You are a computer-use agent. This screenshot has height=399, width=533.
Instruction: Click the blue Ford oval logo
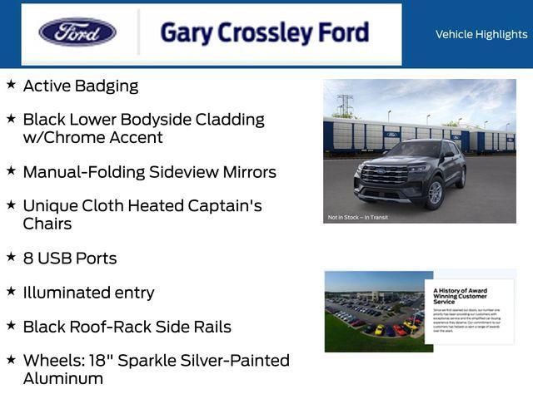pyautogui.click(x=77, y=32)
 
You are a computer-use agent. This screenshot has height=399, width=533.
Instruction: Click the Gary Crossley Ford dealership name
pyautogui.click(x=264, y=33)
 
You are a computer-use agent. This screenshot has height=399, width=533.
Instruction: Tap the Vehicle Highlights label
pyautogui.click(x=481, y=34)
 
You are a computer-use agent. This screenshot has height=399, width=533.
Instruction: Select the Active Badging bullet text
pyautogui.click(x=81, y=86)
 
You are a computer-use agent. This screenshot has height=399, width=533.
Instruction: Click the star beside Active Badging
pyautogui.click(x=11, y=84)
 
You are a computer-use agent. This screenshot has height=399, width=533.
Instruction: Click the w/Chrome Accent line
pyautogui.click(x=92, y=137)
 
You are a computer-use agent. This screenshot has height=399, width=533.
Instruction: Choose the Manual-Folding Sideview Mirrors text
pyautogui.click(x=149, y=172)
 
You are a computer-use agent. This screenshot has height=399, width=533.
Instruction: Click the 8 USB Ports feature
pyautogui.click(x=70, y=259)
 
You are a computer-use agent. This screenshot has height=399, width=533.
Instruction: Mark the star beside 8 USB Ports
pyautogui.click(x=11, y=257)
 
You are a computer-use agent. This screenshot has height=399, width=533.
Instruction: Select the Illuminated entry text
pyautogui.click(x=88, y=293)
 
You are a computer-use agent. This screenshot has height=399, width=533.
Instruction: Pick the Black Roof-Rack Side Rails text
pyautogui.click(x=127, y=327)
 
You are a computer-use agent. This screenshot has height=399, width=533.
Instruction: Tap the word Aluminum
pyautogui.click(x=63, y=378)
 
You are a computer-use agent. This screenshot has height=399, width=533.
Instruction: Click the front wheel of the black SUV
pyautogui.click(x=434, y=193)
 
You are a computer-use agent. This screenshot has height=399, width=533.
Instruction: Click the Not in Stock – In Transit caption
pyautogui.click(x=358, y=217)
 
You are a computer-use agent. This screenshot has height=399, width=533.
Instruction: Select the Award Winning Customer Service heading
pyautogui.click(x=461, y=295)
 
